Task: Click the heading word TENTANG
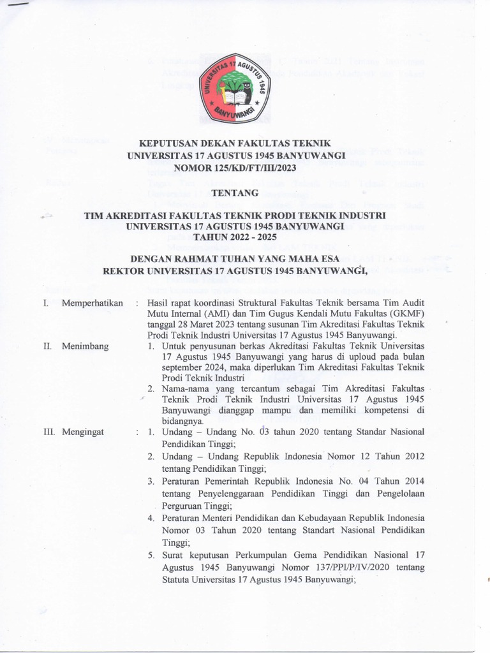pos(234,192)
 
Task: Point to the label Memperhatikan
pos(92,303)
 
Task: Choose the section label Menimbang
pos(85,346)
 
